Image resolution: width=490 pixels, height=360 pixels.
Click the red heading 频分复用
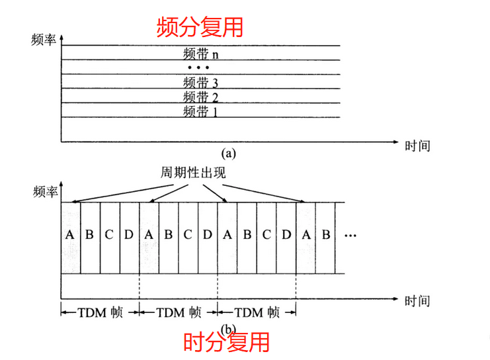coord(200,26)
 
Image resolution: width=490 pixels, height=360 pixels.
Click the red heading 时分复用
coord(226,343)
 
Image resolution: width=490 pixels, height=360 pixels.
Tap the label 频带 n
coord(200,53)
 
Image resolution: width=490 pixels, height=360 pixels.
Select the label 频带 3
coord(200,83)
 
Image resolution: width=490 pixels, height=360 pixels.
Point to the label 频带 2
coord(200,97)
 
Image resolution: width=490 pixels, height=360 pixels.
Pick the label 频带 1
coord(200,111)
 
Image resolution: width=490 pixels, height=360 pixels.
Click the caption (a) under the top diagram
coord(229,154)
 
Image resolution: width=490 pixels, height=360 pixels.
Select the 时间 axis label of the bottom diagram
coord(417,301)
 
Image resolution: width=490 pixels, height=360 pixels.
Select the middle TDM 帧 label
coord(178,312)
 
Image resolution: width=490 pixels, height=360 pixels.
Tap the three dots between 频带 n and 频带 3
coord(198,68)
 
